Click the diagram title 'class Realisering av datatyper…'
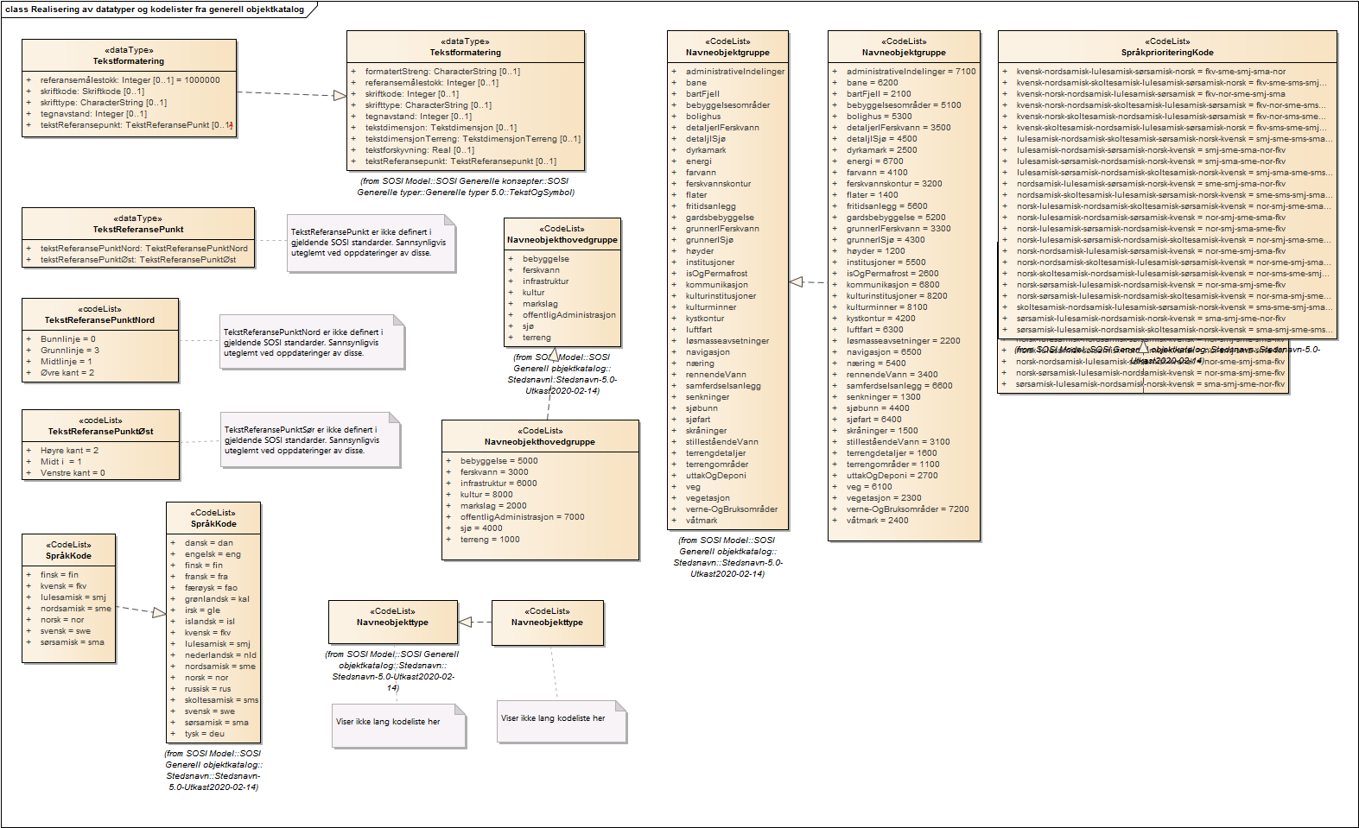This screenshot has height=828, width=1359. click(x=156, y=9)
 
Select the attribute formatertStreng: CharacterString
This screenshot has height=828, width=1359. click(x=441, y=72)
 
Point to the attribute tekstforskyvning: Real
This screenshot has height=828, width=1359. click(x=419, y=150)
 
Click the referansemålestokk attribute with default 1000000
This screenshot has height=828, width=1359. click(x=130, y=80)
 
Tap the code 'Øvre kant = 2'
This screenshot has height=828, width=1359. click(x=67, y=373)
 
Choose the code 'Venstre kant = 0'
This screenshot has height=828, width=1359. click(x=73, y=473)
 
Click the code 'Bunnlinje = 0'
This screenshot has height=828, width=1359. click(x=68, y=339)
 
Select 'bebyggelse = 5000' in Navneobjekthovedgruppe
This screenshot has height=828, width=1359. click(x=499, y=461)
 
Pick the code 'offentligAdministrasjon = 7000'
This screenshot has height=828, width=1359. click(x=522, y=517)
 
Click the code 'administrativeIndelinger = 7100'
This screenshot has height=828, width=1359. click(x=911, y=72)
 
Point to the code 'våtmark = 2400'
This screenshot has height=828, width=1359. click(x=877, y=521)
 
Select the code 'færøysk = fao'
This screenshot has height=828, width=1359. click(x=211, y=588)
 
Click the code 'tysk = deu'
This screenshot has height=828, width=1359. click(x=204, y=734)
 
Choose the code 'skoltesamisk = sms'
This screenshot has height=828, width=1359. click(x=221, y=700)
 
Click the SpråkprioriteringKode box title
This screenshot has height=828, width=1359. click(x=1167, y=53)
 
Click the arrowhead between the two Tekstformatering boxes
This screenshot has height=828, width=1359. click(x=340, y=95)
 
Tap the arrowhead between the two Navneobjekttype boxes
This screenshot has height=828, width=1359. click(x=465, y=622)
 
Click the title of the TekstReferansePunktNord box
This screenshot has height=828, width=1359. click(x=99, y=320)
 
